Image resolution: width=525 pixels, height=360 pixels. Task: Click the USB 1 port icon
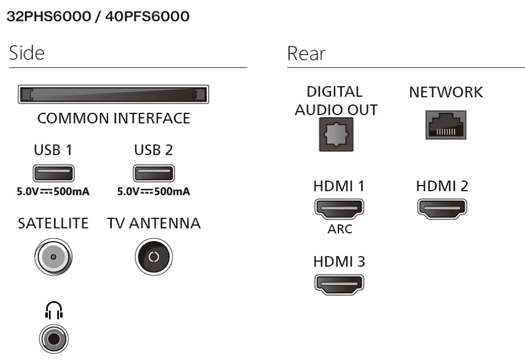[53, 173]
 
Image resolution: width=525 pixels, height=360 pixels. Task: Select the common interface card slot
[113, 95]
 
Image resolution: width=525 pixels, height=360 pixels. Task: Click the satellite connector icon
[53, 257]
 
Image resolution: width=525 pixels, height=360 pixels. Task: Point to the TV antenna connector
[154, 257]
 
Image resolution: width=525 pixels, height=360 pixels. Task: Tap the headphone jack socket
[53, 338]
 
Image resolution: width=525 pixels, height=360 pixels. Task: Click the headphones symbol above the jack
[53, 312]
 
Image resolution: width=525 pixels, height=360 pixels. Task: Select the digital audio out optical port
[336, 134]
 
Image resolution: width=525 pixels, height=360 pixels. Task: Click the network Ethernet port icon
[446, 125]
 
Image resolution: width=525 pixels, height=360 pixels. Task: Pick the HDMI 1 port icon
[339, 208]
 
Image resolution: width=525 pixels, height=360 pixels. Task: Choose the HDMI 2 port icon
[442, 208]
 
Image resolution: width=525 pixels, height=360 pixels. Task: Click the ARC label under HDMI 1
[340, 229]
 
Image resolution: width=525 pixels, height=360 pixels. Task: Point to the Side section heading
[26, 53]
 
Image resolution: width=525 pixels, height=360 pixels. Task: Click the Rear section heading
[306, 53]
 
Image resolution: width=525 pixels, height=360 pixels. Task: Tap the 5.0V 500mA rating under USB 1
[53, 192]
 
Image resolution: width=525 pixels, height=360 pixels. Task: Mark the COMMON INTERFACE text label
[113, 118]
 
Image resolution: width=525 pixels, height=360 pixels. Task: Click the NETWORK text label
[446, 92]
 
